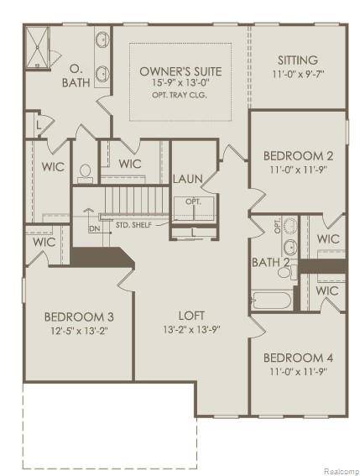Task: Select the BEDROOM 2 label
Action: pos(299,155)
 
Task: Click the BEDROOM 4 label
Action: pos(299,355)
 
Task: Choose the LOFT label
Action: pos(191,316)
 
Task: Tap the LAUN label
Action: pos(186,179)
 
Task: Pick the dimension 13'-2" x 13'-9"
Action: pos(191,329)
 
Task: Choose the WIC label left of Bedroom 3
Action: pos(44,242)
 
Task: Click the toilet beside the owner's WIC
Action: pos(85,173)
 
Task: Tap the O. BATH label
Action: pos(75,76)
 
